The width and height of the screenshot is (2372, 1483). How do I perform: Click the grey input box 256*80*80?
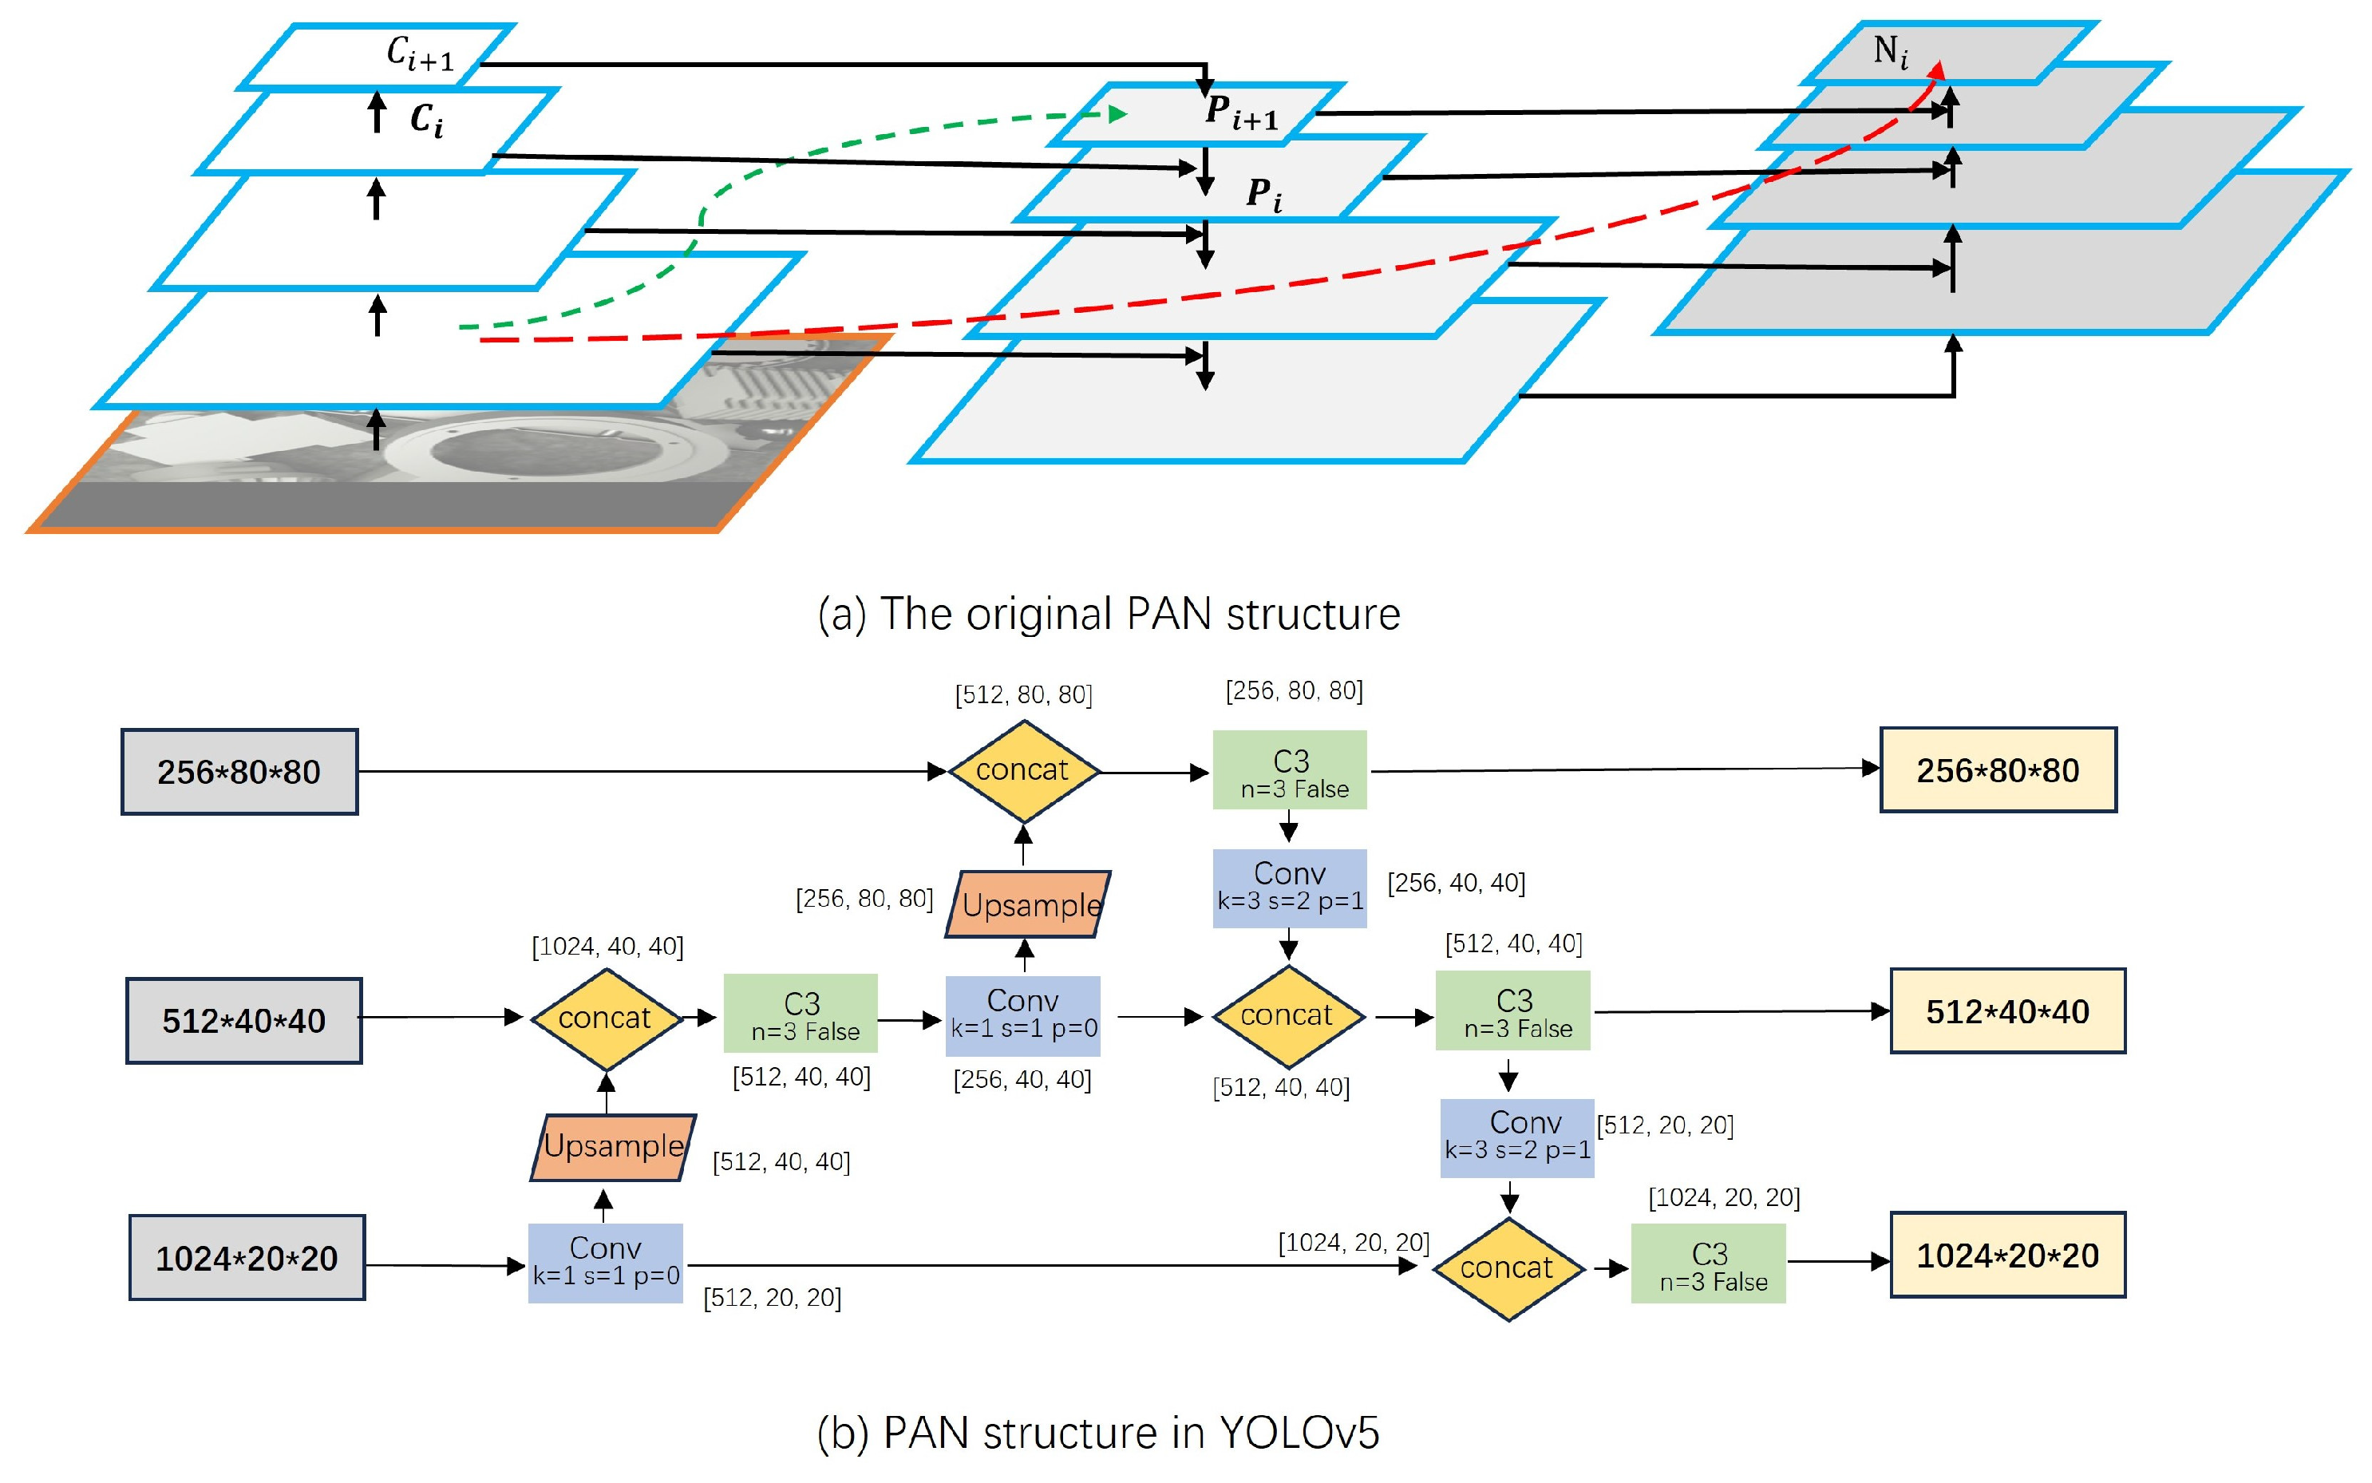point(239,772)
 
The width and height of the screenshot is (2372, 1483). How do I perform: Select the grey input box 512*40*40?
point(243,1020)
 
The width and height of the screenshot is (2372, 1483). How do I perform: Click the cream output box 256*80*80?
point(1998,770)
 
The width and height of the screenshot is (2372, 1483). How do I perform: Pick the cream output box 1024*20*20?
point(2007,1255)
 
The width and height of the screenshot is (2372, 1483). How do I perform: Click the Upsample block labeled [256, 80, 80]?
point(1028,904)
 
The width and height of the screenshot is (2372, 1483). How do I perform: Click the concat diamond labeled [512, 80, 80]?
point(1022,771)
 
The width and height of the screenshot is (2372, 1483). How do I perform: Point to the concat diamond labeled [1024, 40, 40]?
point(605,1019)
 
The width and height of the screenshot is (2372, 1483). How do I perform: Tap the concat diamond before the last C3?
point(1507,1268)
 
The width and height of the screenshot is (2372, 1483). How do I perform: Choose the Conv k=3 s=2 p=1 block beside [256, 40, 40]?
point(1290,888)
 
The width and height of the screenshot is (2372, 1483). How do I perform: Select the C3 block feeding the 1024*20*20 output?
point(1708,1264)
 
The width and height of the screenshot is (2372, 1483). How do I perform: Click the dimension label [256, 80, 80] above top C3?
point(1294,690)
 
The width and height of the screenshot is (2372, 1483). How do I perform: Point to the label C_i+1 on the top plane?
point(420,54)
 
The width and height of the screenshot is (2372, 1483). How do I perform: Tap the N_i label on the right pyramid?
point(1891,51)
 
